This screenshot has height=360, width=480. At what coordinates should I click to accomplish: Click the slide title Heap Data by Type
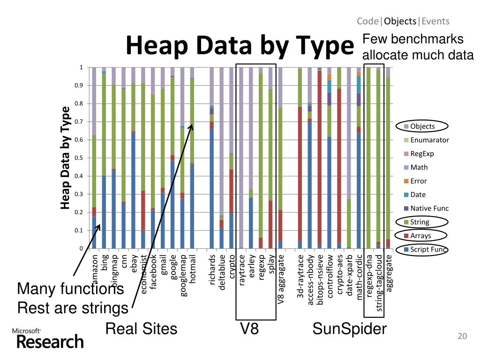click(239, 46)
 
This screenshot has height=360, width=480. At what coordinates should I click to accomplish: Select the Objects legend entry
click(422, 126)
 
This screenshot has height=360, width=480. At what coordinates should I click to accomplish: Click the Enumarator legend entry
click(429, 140)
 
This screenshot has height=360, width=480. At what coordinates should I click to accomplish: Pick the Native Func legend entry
click(429, 208)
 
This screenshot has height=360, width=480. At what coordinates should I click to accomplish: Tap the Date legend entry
click(418, 195)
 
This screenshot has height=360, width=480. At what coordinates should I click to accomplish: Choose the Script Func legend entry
click(427, 249)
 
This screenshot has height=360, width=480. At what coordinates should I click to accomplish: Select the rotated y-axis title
click(65, 157)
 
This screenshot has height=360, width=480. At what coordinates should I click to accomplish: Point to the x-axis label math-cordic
click(359, 276)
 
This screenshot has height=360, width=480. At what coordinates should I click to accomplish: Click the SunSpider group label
click(349, 329)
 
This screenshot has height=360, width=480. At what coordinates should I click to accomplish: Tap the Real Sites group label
click(141, 329)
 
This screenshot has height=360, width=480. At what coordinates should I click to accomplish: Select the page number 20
click(462, 336)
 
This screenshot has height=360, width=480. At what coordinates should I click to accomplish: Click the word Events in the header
click(435, 21)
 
